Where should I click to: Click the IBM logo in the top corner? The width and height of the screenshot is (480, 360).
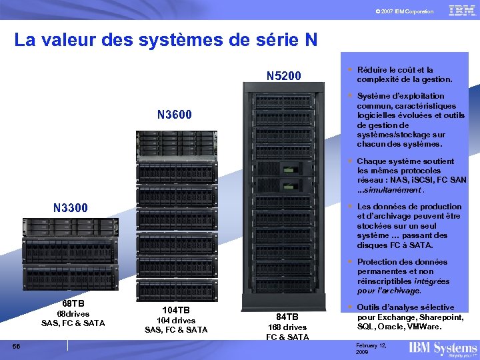pyautogui.click(x=462, y=11)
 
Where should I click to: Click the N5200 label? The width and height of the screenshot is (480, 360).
pyautogui.click(x=283, y=76)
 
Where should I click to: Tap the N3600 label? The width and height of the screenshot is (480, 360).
pyautogui.click(x=175, y=115)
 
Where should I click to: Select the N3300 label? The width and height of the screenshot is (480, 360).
pyautogui.click(x=70, y=208)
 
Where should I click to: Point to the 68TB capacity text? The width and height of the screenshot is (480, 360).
pyautogui.click(x=73, y=304)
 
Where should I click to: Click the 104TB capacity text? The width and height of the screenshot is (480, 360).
pyautogui.click(x=176, y=311)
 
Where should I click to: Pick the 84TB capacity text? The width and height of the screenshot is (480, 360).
pyautogui.click(x=287, y=317)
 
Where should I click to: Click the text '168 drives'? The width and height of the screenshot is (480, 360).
pyautogui.click(x=287, y=327)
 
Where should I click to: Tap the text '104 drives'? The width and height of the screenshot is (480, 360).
pyautogui.click(x=176, y=321)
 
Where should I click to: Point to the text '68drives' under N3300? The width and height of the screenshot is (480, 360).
pyautogui.click(x=73, y=314)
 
